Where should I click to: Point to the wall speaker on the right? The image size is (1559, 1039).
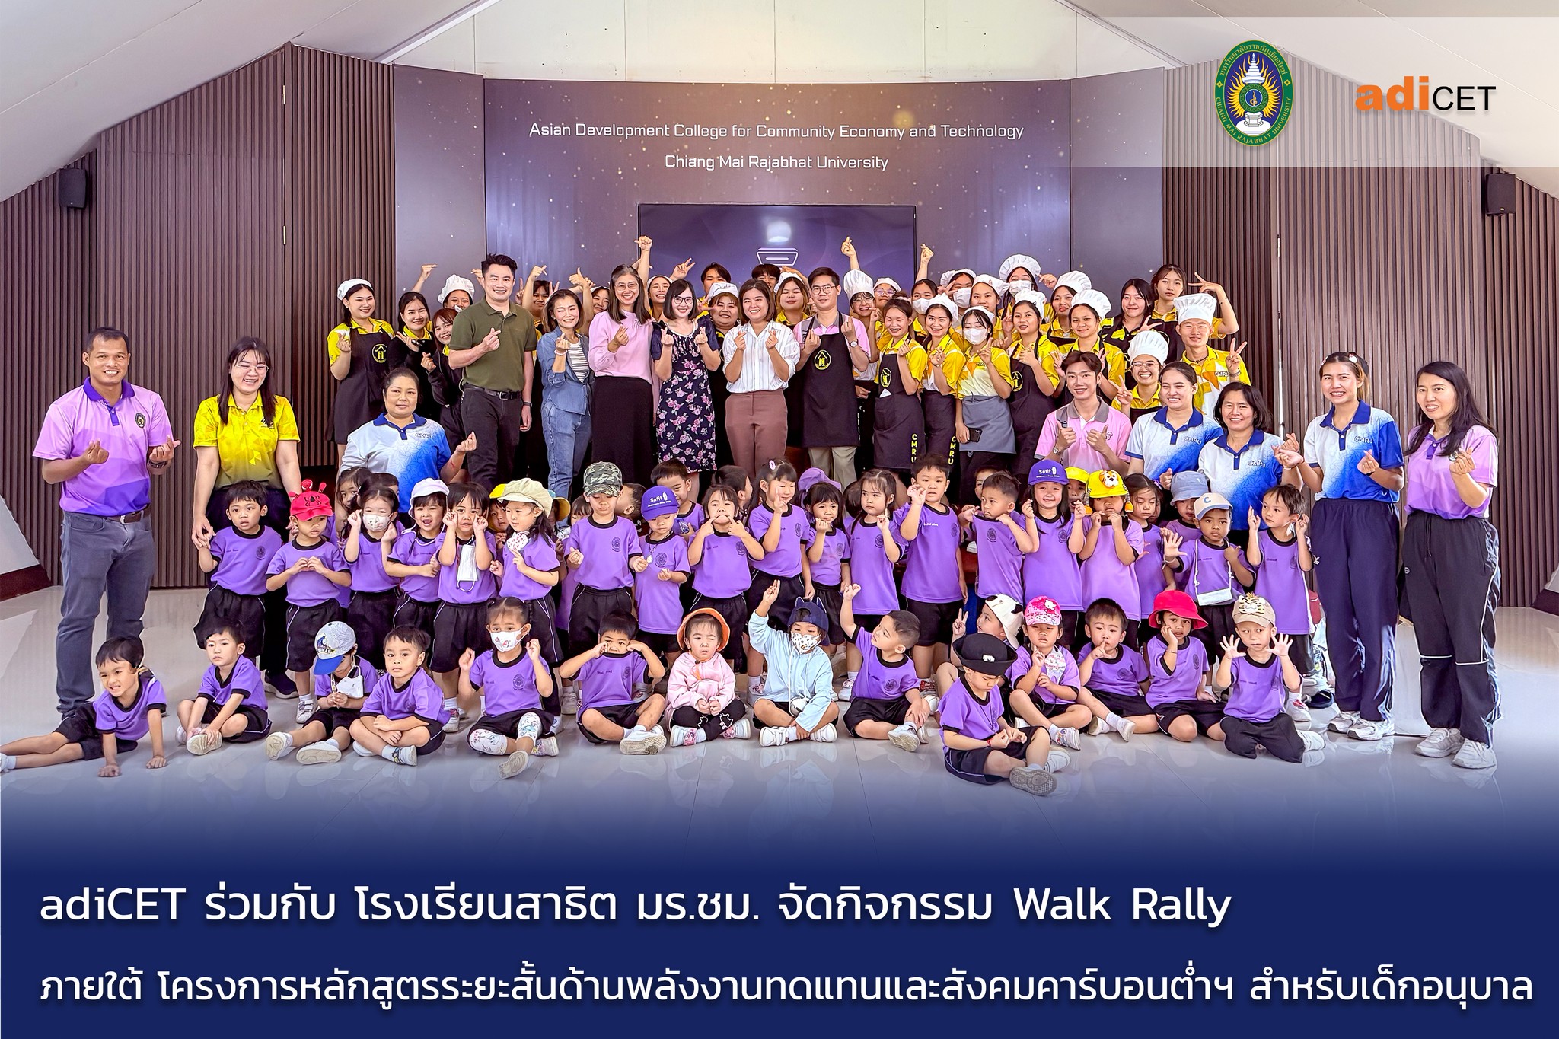pos(1500,194)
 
